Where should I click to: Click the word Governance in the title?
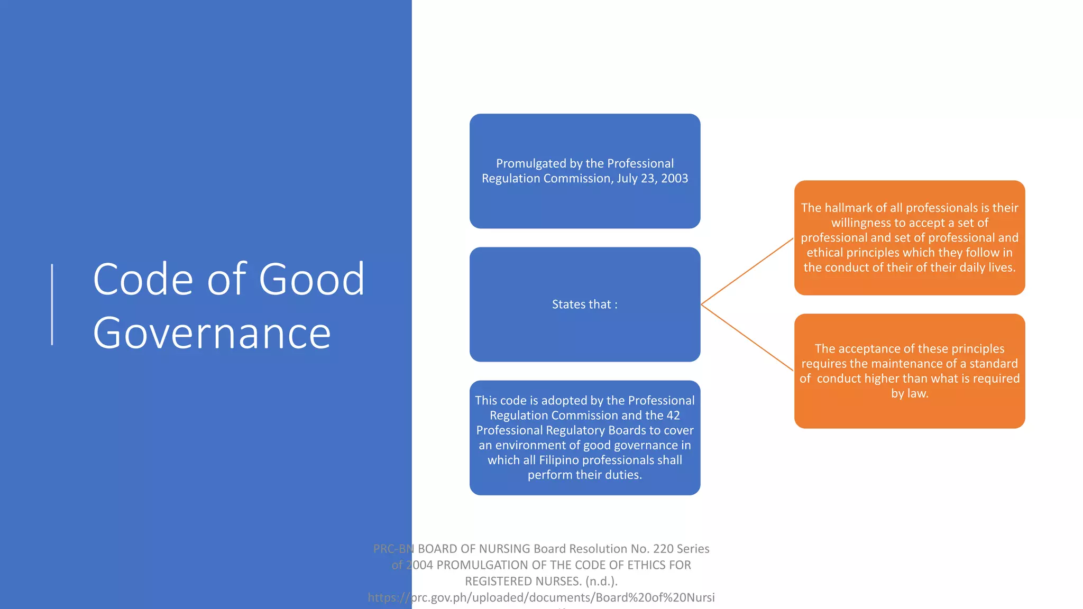pos(212,333)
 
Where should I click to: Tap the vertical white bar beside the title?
pos(52,304)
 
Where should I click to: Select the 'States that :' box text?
pos(584,304)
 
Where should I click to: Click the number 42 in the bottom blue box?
pos(673,416)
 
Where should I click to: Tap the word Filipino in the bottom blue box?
pos(558,460)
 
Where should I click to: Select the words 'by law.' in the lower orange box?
pos(910,393)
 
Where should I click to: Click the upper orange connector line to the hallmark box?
pos(747,272)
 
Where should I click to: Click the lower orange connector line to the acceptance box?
pos(747,337)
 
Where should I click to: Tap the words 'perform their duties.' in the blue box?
pos(584,475)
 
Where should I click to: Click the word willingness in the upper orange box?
pos(861,223)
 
